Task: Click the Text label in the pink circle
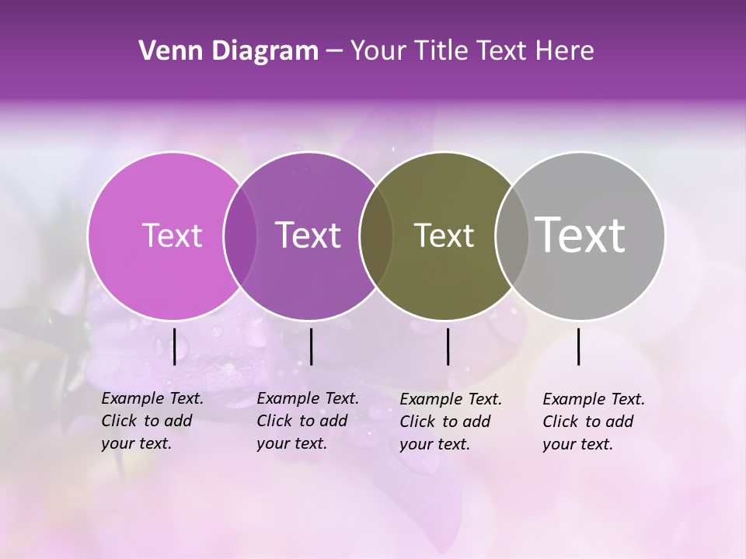tap(172, 235)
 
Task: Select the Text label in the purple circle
tap(309, 235)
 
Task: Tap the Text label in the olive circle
tap(444, 235)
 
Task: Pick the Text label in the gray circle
tap(580, 235)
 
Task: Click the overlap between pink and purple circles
tap(240, 235)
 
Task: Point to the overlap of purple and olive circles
tap(376, 235)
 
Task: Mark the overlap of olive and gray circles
tap(511, 235)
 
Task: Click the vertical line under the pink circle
tap(175, 346)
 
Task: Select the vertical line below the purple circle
tap(311, 346)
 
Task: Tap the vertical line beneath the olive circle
tap(448, 346)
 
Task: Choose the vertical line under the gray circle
tap(578, 346)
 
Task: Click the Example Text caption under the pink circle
tap(152, 421)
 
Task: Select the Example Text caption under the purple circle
tap(308, 421)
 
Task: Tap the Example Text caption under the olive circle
tap(451, 422)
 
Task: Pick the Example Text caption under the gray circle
tap(594, 422)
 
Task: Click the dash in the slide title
tap(334, 52)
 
